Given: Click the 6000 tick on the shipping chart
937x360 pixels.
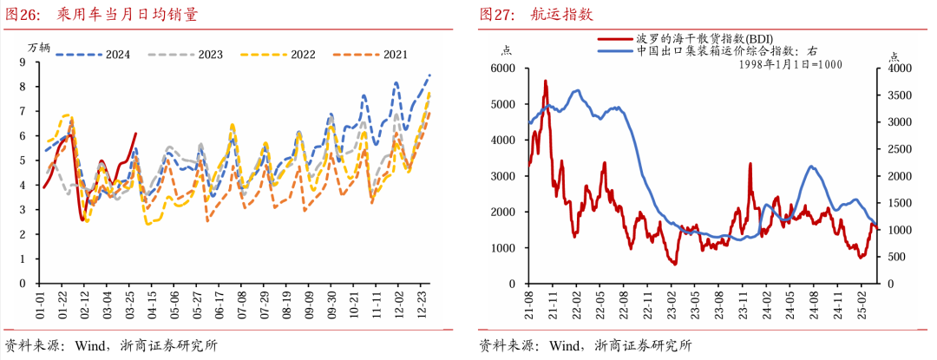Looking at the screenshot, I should [x=503, y=68].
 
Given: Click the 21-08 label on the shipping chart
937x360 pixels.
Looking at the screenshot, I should [x=528, y=305].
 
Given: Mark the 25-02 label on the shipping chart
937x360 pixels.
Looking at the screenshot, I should [x=862, y=305].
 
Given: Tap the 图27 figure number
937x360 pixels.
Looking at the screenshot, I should [x=497, y=15].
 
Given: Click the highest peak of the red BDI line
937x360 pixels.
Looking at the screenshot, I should [x=546, y=81].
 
